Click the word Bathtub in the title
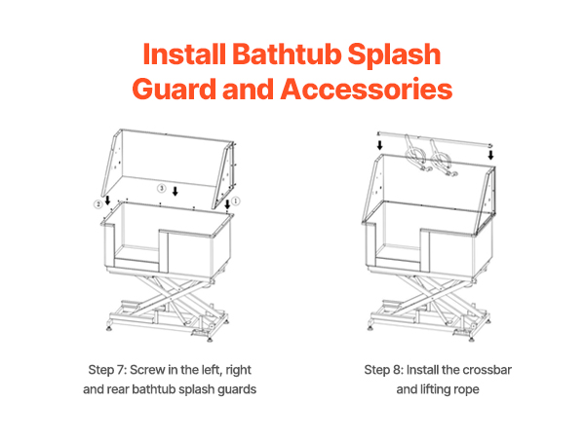[287, 54]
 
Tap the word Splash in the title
[394, 55]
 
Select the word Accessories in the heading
[367, 90]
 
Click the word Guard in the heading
[174, 90]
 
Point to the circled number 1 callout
[235, 201]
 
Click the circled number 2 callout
[97, 203]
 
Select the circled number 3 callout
[162, 188]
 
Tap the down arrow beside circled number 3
[175, 191]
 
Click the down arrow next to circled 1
[227, 204]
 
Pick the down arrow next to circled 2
[107, 200]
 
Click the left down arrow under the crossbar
[379, 145]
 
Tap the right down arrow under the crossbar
[491, 155]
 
